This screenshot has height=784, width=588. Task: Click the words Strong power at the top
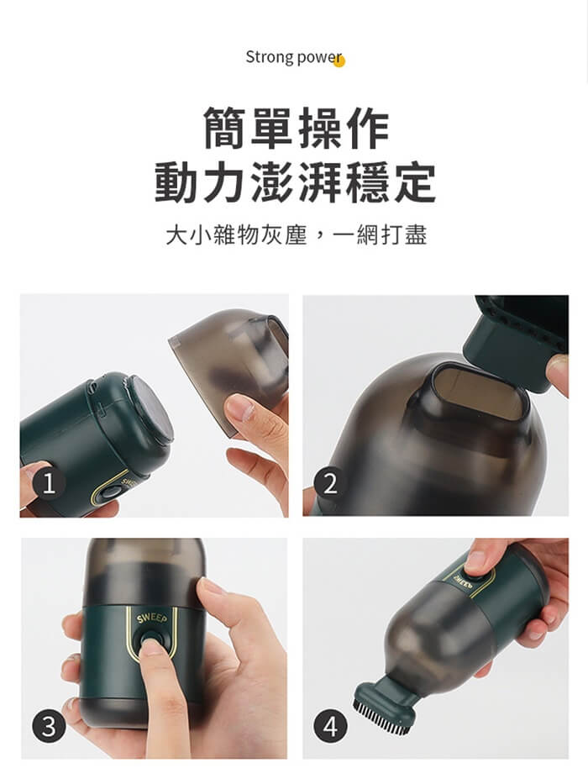point(293,57)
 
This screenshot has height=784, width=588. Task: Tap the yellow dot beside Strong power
point(339,61)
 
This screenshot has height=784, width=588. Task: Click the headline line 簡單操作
point(296,128)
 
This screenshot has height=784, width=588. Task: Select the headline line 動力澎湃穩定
point(295,182)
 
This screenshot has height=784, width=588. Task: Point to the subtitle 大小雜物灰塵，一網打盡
point(296,234)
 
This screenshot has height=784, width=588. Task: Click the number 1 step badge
point(49,483)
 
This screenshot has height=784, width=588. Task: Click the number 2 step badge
point(330,483)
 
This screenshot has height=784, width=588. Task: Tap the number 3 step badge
point(49,726)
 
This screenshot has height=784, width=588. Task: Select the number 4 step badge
point(330,726)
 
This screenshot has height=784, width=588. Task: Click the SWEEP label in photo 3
point(152,618)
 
